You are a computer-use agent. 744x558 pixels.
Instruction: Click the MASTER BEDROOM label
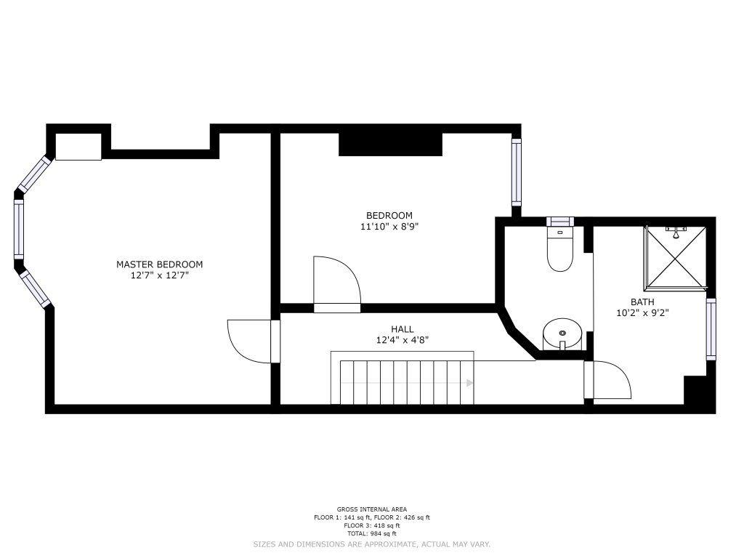point(159,264)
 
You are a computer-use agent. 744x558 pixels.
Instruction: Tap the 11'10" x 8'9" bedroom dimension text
point(389,227)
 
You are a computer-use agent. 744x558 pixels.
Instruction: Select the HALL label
point(402,329)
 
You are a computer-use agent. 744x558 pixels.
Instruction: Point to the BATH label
point(642,302)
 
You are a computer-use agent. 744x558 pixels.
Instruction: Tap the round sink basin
point(562,334)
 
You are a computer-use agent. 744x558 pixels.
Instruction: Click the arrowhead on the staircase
point(470,383)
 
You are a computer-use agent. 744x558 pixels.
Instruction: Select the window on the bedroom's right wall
point(517,172)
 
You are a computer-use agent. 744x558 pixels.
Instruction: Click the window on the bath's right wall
point(711,329)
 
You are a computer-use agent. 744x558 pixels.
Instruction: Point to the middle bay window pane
point(18,229)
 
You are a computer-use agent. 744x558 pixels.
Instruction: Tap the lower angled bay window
point(35,288)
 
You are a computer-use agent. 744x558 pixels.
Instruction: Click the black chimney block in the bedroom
point(390,145)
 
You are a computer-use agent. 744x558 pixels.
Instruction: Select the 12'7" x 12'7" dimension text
point(160,275)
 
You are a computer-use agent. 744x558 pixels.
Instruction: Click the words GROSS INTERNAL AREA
point(372,509)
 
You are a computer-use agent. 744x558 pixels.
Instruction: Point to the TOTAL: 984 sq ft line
point(372,533)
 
